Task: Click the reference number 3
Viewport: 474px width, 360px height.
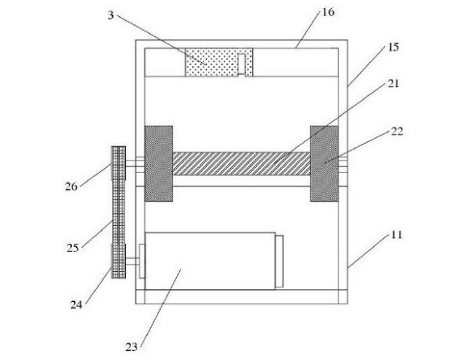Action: pyautogui.click(x=111, y=15)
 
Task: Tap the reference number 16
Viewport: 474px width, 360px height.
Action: pyautogui.click(x=328, y=12)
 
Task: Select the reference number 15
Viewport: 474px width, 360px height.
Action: pyautogui.click(x=393, y=47)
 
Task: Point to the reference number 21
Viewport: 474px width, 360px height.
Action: pyautogui.click(x=393, y=84)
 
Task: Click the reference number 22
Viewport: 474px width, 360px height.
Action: pyautogui.click(x=397, y=132)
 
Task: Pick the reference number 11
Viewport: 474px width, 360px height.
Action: pyautogui.click(x=396, y=235)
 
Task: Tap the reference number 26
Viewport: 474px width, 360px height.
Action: pyautogui.click(x=71, y=186)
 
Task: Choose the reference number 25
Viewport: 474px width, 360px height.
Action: pyautogui.click(x=73, y=248)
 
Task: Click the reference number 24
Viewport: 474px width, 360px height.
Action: pyautogui.click(x=76, y=304)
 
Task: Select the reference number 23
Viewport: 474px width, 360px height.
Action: pyautogui.click(x=132, y=347)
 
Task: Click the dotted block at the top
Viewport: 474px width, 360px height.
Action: pyautogui.click(x=219, y=62)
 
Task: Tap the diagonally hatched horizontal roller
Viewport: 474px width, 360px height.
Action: pyautogui.click(x=241, y=164)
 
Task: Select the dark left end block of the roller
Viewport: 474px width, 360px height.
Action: pyautogui.click(x=159, y=164)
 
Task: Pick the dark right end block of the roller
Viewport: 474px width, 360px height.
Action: pyautogui.click(x=325, y=164)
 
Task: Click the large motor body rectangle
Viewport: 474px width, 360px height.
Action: pyautogui.click(x=210, y=261)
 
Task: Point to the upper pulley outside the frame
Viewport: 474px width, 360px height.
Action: pyautogui.click(x=119, y=163)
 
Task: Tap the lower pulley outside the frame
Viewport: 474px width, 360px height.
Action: pyautogui.click(x=119, y=262)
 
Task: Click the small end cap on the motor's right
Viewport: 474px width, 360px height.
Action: pyautogui.click(x=279, y=262)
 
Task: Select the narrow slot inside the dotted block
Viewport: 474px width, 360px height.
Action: pyautogui.click(x=241, y=65)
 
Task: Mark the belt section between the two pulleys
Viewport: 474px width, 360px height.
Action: pyautogui.click(x=119, y=212)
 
